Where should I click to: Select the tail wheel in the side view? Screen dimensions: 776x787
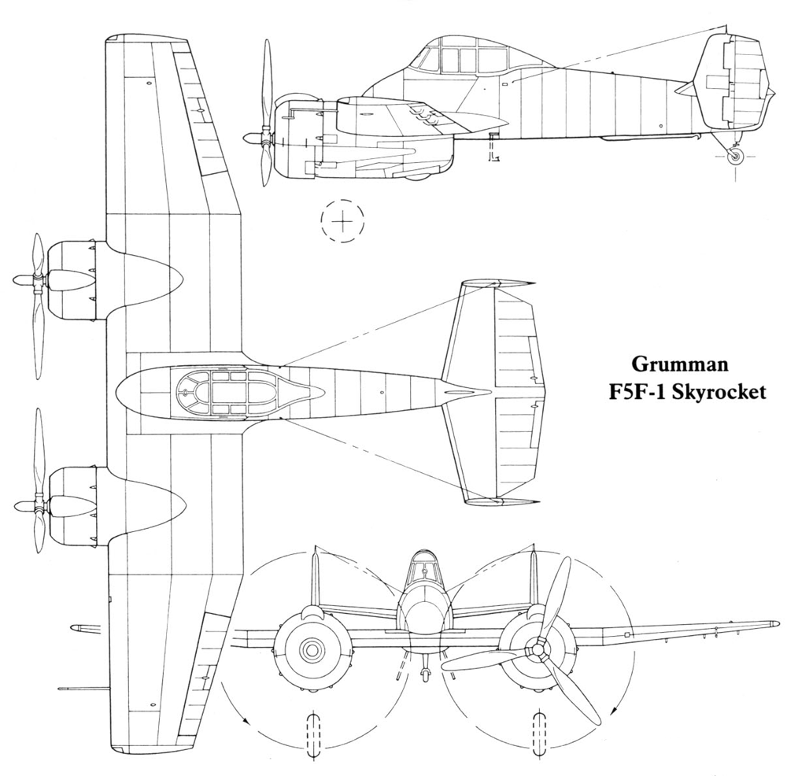(x=736, y=157)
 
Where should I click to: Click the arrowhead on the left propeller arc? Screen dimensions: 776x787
(x=246, y=719)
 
